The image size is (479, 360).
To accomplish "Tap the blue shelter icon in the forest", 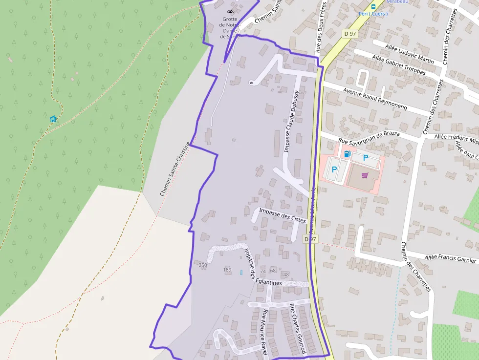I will tap(53, 119).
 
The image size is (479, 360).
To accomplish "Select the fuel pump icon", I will tap(347, 154).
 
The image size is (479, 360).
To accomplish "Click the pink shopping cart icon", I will tap(364, 175).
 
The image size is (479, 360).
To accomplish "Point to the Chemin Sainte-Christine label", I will tap(174, 169).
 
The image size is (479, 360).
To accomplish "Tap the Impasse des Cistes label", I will tap(283, 215).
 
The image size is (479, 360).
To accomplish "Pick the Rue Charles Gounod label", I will tap(298, 329).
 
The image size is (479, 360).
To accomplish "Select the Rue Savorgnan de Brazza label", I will tap(369, 138).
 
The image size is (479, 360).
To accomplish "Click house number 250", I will tap(203, 265).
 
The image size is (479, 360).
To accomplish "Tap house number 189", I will tap(227, 270).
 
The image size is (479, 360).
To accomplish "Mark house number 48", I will tap(286, 275).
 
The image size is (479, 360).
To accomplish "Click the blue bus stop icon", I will tap(373, 6).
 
